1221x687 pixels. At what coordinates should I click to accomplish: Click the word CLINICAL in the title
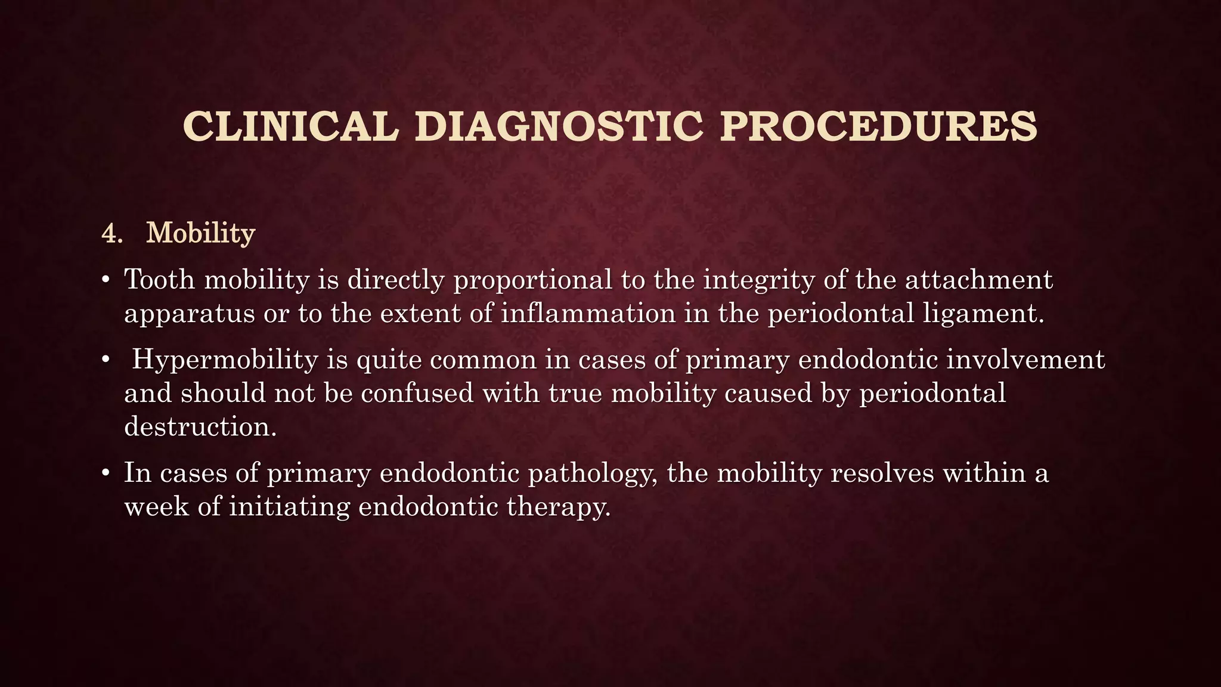point(290,126)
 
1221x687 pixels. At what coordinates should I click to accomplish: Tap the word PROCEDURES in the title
point(878,126)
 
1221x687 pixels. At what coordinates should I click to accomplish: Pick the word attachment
point(978,279)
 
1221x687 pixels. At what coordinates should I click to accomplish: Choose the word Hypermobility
point(225,360)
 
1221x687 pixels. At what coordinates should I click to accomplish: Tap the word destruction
point(200,426)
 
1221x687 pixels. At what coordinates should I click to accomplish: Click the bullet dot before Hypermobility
point(106,360)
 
